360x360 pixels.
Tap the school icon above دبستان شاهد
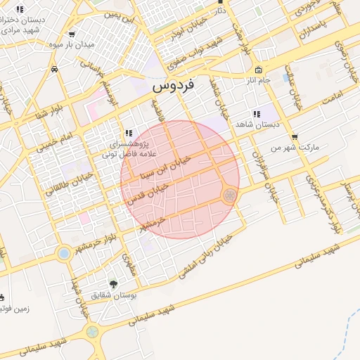point(256,114)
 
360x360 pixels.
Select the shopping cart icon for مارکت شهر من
point(294,137)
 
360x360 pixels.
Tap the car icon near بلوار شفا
point(54,69)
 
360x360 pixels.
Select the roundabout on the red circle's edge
point(229,195)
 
